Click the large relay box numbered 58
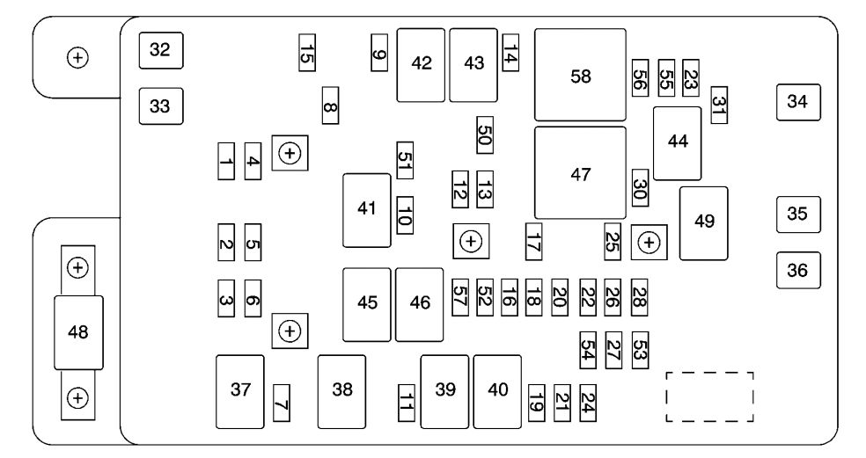pos(580,76)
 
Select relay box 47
pos(580,173)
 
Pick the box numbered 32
pos(160,50)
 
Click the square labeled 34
pos(797,102)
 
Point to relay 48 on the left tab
pos(78,332)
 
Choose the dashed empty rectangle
pos(709,397)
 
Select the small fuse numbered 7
pos(282,403)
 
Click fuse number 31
pos(720,105)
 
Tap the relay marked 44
pos(677,142)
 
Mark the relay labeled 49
pos(704,222)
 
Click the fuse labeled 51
pos(405,160)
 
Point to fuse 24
pos(588,403)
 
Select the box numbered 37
pos(240,391)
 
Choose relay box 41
pos(367,210)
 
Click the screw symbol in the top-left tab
pos(78,58)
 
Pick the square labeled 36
pos(797,270)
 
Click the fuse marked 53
pos(640,349)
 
